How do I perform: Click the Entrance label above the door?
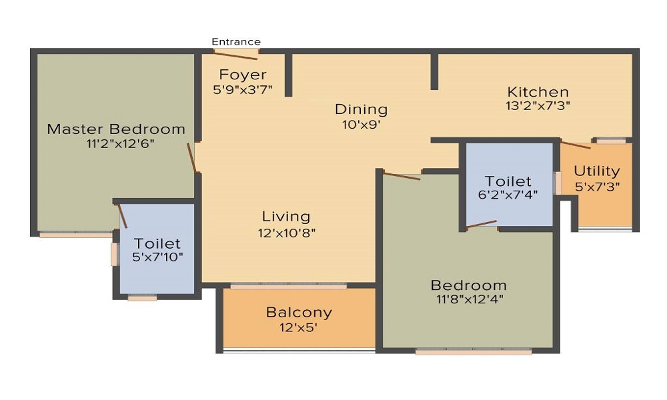[236, 42]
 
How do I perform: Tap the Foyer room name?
[243, 75]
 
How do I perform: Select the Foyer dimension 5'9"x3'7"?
[243, 89]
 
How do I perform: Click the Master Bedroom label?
[116, 129]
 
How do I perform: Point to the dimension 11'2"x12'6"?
[116, 143]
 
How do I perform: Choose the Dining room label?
[361, 109]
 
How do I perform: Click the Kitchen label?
[538, 92]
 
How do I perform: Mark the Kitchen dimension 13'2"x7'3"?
[538, 105]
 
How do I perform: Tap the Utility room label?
[597, 171]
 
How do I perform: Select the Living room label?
[286, 217]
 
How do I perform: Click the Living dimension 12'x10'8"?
[286, 233]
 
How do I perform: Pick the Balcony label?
[299, 312]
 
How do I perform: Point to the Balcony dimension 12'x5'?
[299, 327]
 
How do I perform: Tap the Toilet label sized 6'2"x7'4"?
[508, 181]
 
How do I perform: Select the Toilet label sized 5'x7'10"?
[157, 243]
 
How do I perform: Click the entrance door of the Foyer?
[236, 54]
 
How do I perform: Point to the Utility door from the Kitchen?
[575, 145]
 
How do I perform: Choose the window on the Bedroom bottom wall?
[474, 351]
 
